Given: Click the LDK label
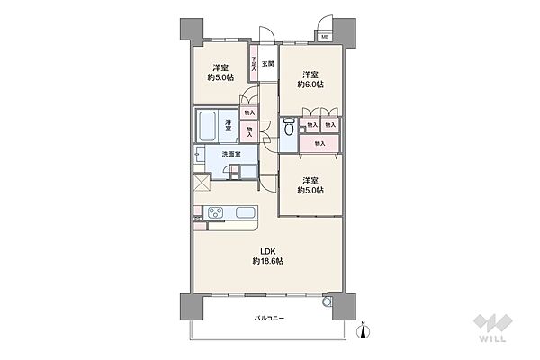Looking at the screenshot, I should pyautogui.click(x=268, y=249).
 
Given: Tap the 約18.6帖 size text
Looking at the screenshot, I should pyautogui.click(x=268, y=260).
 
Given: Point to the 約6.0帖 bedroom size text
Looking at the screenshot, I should pyautogui.click(x=311, y=85).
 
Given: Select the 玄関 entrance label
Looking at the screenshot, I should pyautogui.click(x=268, y=64).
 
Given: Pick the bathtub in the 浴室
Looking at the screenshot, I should pyautogui.click(x=207, y=126).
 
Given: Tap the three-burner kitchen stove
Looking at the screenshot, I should pyautogui.click(x=218, y=213).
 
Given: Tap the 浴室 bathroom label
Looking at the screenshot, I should pyautogui.click(x=228, y=127).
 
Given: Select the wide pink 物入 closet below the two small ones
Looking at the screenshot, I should pyautogui.click(x=319, y=143).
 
